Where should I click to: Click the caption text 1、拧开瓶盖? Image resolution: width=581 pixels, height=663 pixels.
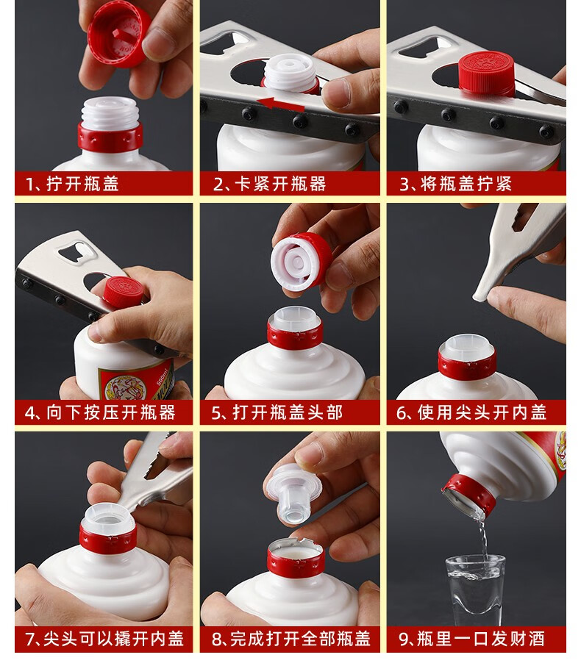pyautogui.click(x=72, y=184)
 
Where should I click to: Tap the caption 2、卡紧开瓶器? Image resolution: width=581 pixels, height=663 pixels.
pyautogui.click(x=270, y=184)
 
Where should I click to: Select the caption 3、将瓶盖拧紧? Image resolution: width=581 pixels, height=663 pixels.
pyautogui.click(x=456, y=184)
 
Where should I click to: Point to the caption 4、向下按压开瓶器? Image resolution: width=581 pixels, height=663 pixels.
pyautogui.click(x=100, y=412)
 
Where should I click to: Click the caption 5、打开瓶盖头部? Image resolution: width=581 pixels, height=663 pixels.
pyautogui.click(x=277, y=412)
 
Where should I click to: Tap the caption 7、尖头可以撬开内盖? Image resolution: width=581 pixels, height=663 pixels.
pyautogui.click(x=104, y=639)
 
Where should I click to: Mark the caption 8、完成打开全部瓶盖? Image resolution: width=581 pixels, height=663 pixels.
pyautogui.click(x=290, y=639)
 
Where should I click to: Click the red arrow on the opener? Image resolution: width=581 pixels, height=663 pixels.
pyautogui.click(x=281, y=104)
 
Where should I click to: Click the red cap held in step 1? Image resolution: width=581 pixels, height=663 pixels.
pyautogui.click(x=119, y=34)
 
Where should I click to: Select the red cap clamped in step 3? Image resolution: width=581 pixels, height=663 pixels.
pyautogui.click(x=487, y=73)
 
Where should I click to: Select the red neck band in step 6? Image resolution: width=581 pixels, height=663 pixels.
pyautogui.click(x=467, y=365)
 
